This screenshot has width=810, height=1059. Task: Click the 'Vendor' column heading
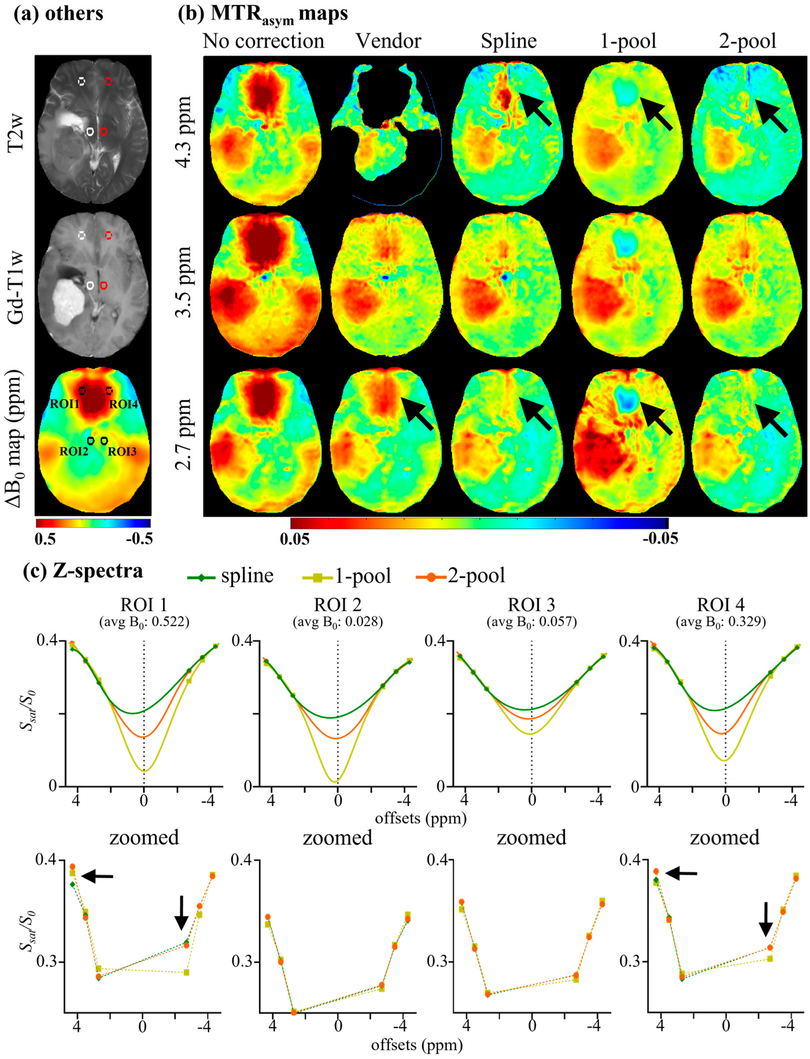(388, 41)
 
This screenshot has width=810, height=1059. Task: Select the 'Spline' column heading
(509, 41)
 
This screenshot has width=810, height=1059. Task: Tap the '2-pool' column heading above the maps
(747, 41)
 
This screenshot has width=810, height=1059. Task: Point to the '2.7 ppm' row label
(184, 434)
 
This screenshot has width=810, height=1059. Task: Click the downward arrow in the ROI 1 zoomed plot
(181, 912)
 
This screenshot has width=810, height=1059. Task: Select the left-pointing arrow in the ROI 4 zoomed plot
(681, 873)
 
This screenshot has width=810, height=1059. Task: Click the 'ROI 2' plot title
(338, 605)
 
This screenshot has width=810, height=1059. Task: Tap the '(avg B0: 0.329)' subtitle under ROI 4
(721, 622)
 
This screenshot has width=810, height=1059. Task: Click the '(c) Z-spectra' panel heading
(83, 571)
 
